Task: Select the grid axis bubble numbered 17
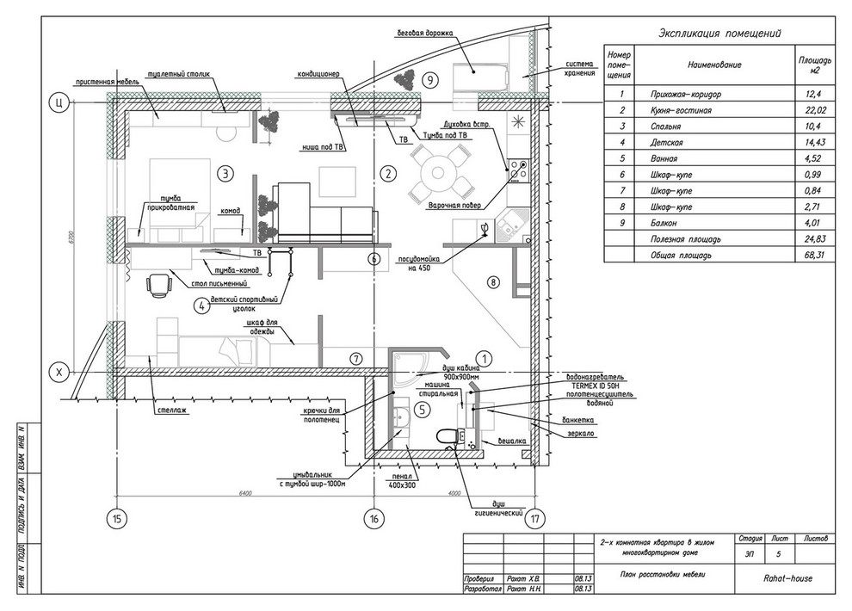(x=535, y=518)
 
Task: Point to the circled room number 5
(x=422, y=410)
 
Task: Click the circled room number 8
(x=493, y=281)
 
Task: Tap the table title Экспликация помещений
(x=719, y=34)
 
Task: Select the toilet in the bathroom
(x=447, y=437)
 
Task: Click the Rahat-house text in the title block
(x=787, y=578)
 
